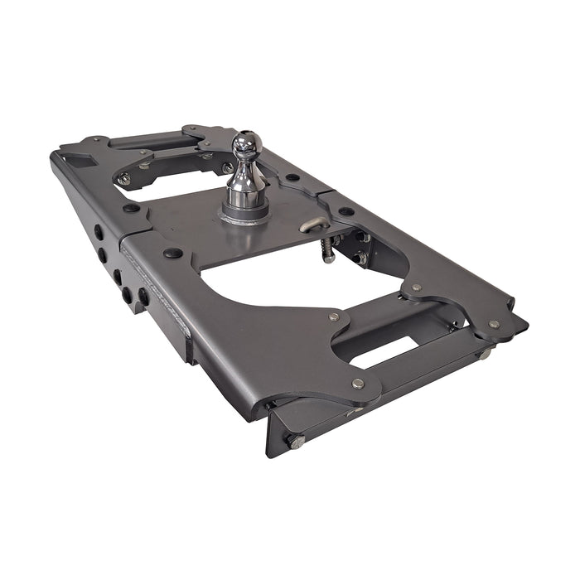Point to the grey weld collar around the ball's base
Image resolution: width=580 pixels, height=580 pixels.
244,215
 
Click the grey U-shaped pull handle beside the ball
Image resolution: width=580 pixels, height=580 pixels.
313,225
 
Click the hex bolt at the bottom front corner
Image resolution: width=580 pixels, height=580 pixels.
296,441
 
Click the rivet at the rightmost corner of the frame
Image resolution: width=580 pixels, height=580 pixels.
494,324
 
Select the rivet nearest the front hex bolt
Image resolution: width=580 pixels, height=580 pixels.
358,384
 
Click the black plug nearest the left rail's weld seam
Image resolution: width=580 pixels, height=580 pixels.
172,253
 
